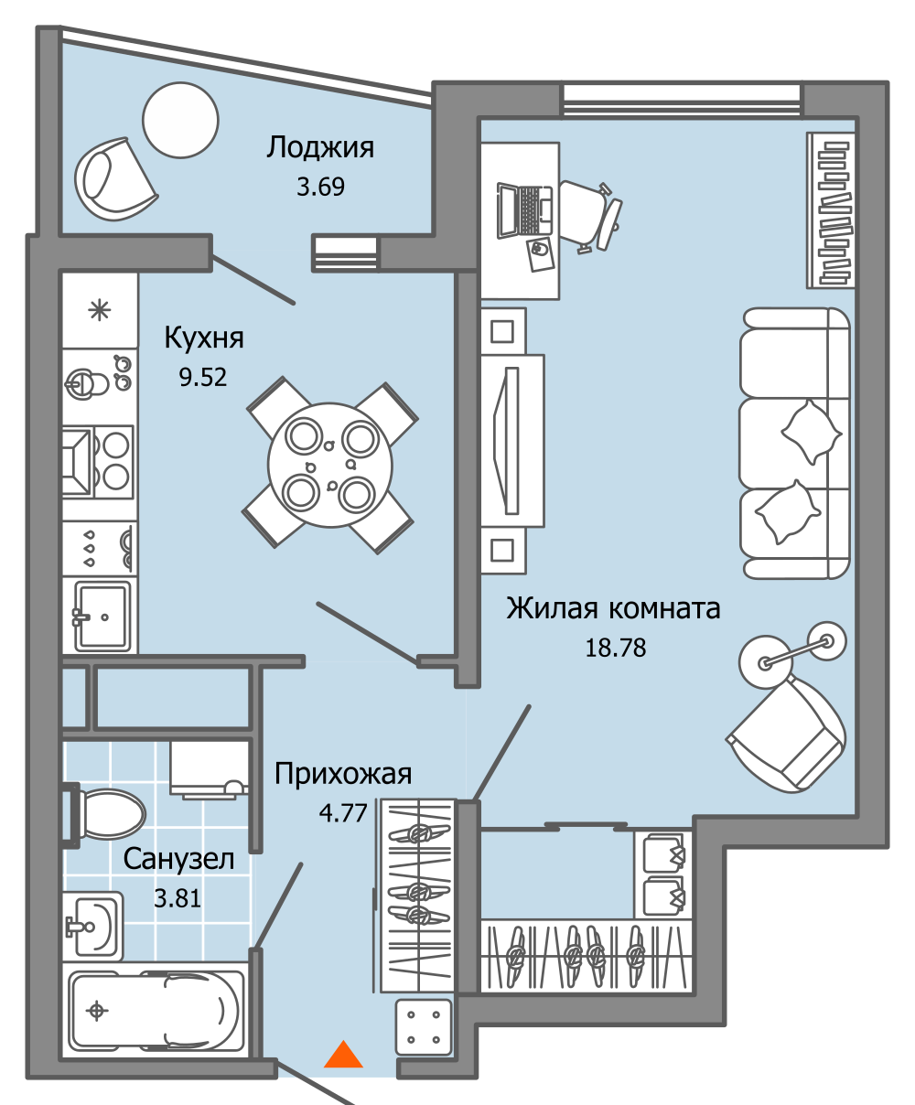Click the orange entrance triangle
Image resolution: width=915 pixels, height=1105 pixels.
(344, 1056)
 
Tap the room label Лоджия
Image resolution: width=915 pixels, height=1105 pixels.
(320, 147)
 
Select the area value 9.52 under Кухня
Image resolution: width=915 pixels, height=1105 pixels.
(203, 377)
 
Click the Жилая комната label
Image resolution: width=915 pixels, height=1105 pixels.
(613, 608)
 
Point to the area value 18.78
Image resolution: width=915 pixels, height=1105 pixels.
(615, 648)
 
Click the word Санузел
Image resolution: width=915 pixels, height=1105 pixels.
(178, 859)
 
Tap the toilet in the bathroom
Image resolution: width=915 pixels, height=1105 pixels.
(110, 813)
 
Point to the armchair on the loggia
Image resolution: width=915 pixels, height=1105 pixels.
(115, 179)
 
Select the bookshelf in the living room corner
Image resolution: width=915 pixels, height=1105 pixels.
(830, 209)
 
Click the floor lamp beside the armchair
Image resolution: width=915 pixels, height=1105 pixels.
(791, 648)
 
